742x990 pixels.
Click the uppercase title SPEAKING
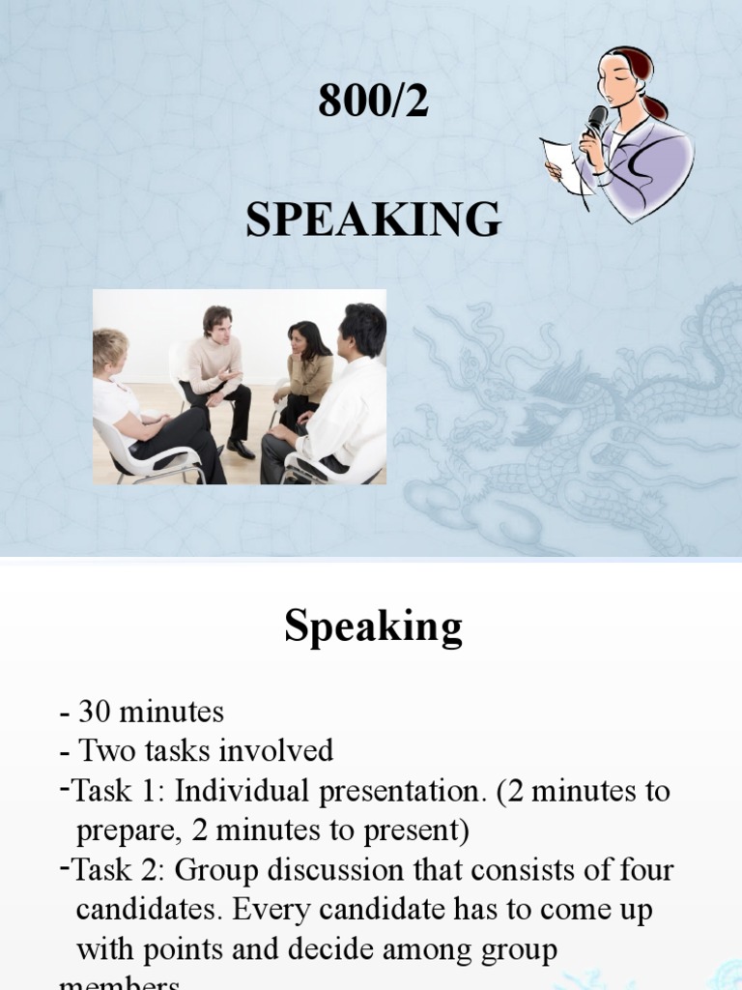point(373,220)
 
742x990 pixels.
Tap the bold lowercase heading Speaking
point(373,628)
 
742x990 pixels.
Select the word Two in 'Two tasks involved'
point(102,751)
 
